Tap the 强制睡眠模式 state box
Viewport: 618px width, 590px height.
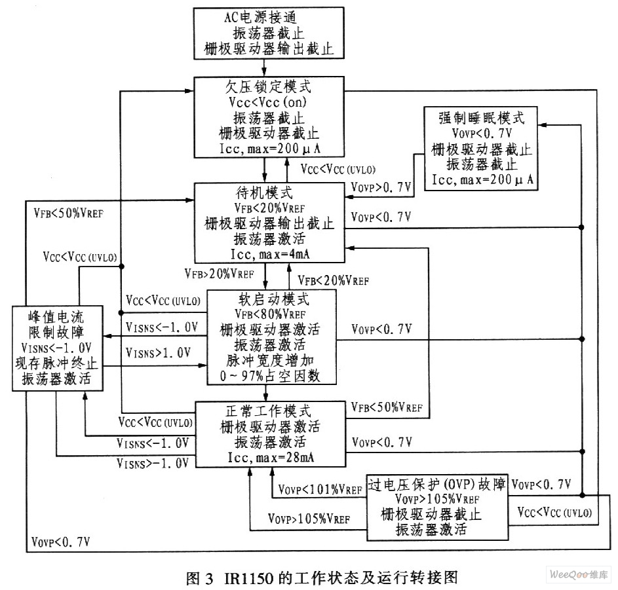(481, 148)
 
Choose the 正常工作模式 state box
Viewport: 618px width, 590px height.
(270, 433)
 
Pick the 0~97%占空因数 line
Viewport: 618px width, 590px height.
(271, 377)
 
